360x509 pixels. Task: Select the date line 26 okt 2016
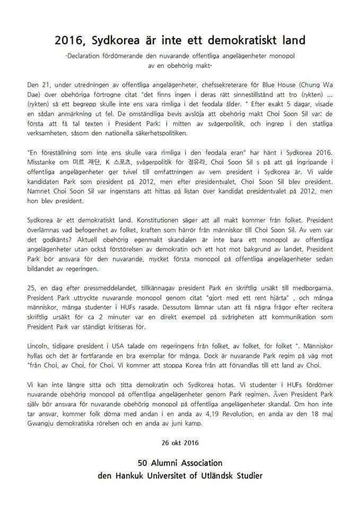[180, 441]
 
